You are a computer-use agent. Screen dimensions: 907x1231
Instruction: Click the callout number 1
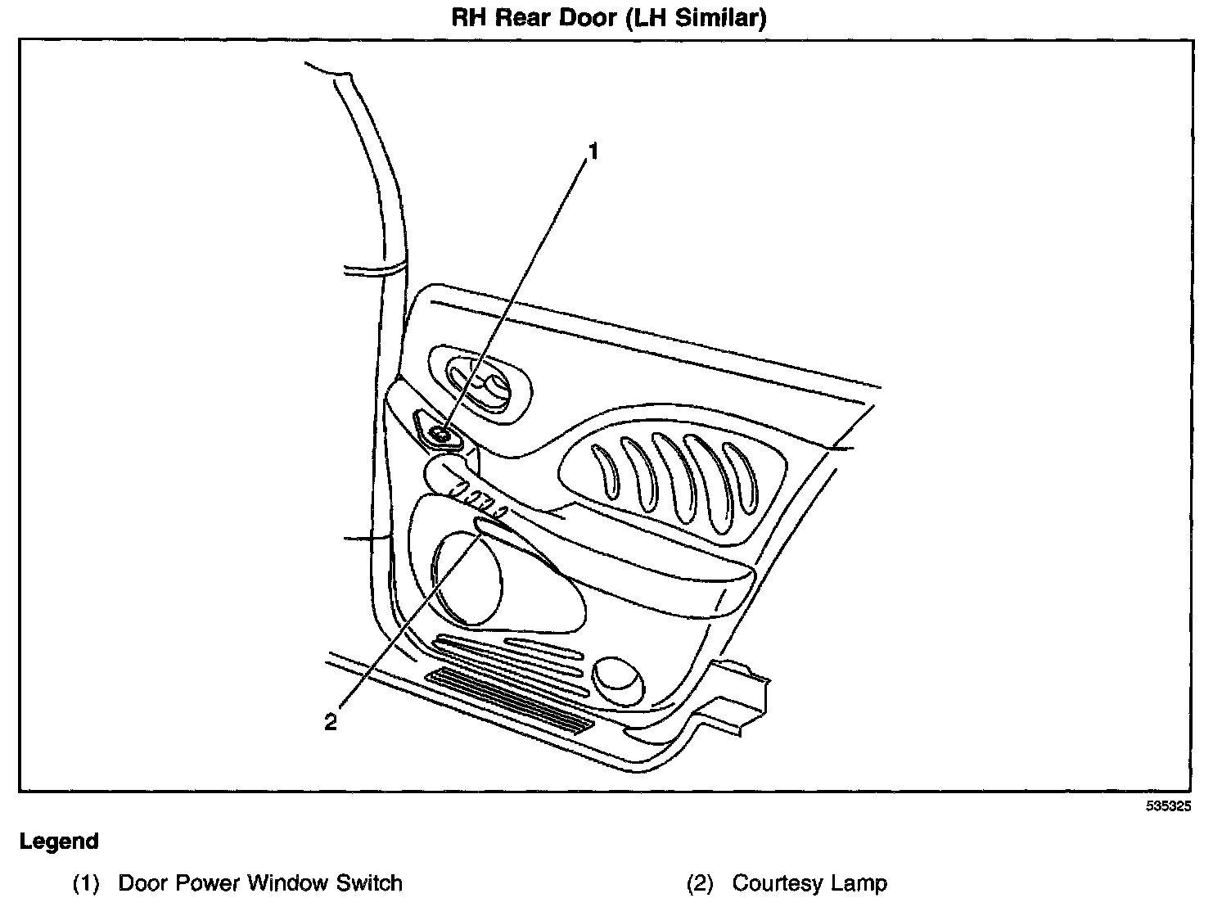click(594, 152)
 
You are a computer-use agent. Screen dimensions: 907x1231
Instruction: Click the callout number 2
click(331, 722)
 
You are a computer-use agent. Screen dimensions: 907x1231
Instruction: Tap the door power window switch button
click(441, 435)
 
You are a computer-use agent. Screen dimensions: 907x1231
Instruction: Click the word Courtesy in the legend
click(777, 884)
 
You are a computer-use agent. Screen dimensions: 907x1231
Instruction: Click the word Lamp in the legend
click(859, 884)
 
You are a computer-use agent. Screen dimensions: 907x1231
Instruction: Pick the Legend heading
click(59, 842)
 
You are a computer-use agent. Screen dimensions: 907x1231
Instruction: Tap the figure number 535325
click(1168, 806)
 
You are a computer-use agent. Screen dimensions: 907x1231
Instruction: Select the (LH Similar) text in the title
click(695, 18)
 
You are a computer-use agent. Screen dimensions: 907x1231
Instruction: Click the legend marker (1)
click(86, 884)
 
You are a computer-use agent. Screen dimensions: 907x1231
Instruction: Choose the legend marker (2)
click(700, 884)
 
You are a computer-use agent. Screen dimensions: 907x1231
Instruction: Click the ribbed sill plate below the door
click(512, 698)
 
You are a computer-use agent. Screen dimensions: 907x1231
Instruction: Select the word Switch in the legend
click(370, 884)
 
